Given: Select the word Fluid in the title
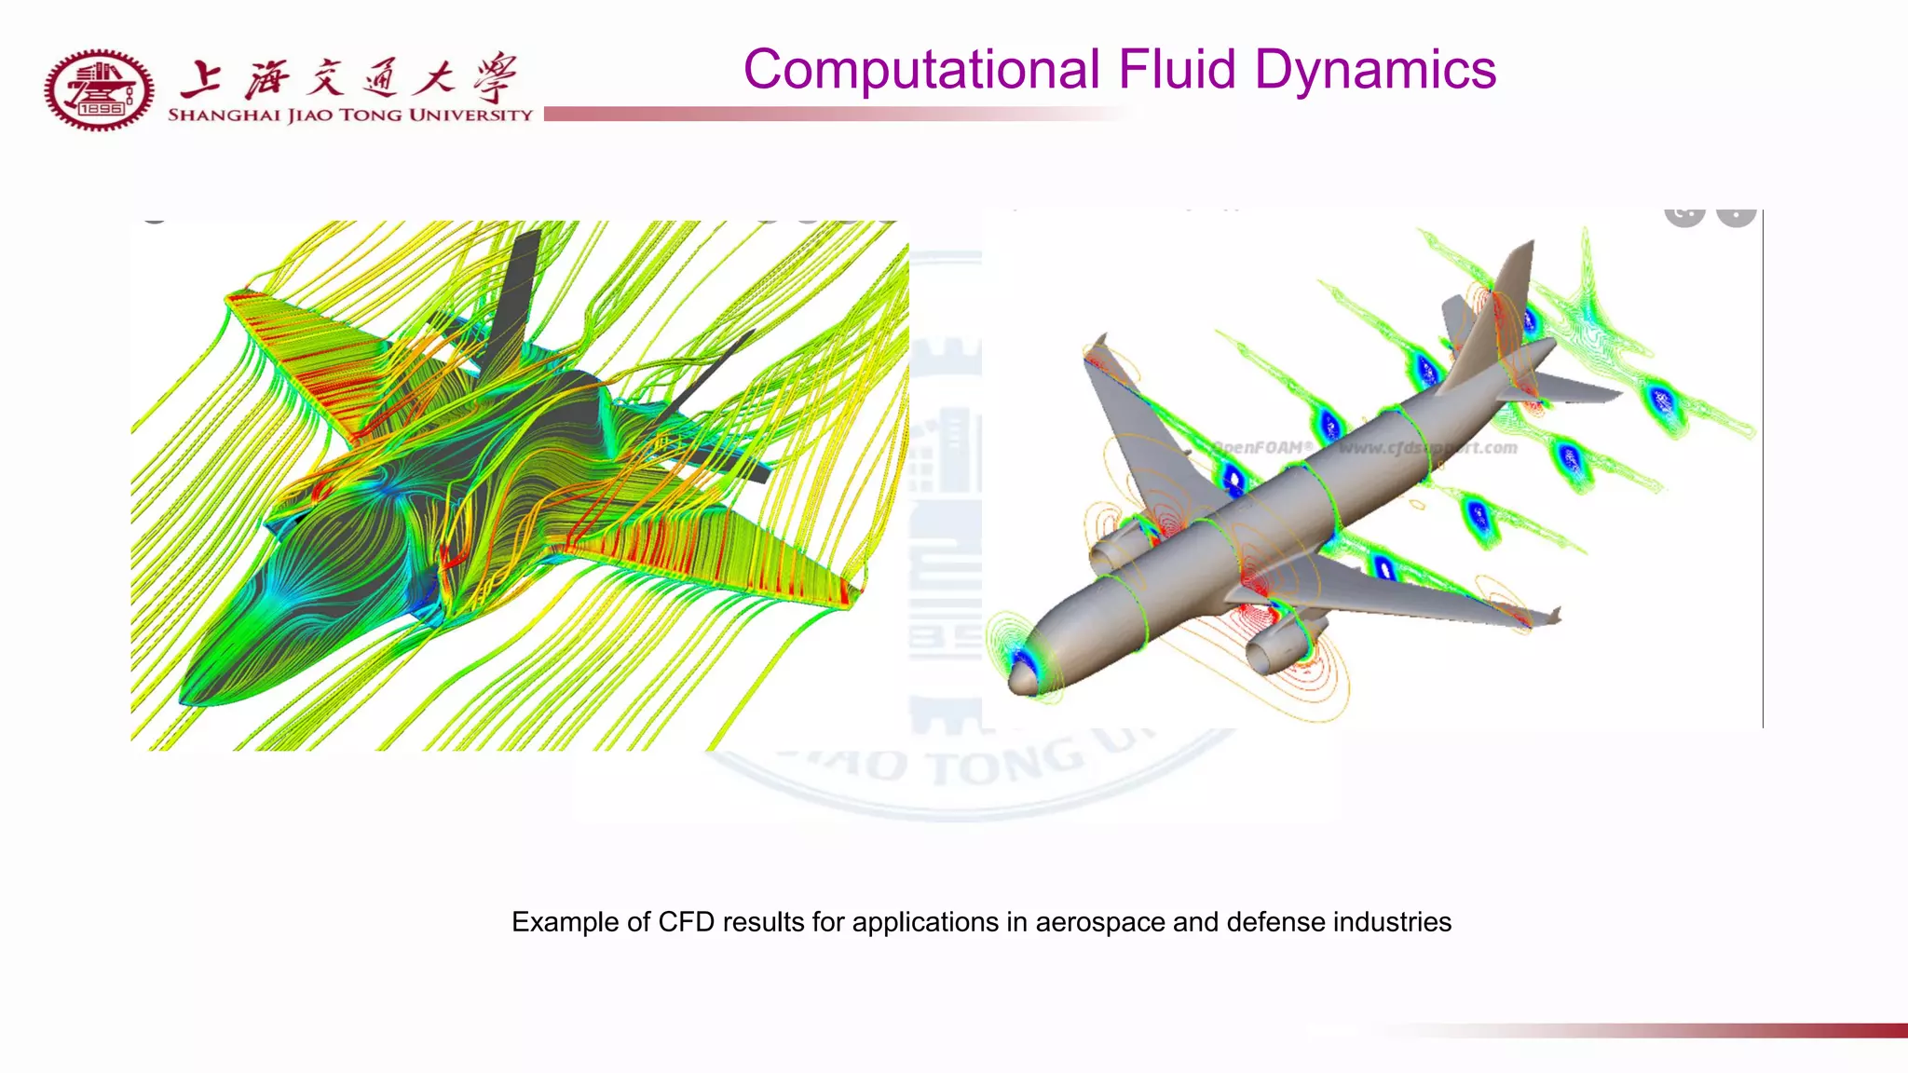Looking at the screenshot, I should pyautogui.click(x=1177, y=71).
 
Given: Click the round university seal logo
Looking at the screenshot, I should pyautogui.click(x=99, y=90).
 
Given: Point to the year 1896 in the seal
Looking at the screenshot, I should pyautogui.click(x=101, y=109).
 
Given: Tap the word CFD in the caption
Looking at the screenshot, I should pyautogui.click(x=686, y=922).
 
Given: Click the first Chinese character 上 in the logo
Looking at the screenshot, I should pyautogui.click(x=200, y=79).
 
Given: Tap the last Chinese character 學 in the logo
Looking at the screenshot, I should pyautogui.click(x=494, y=78).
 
